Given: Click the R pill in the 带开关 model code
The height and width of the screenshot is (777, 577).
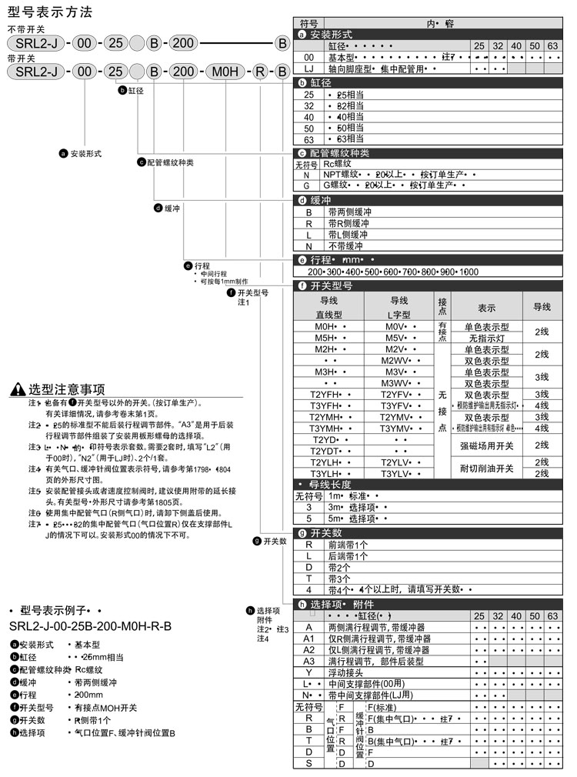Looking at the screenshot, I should point(260,72).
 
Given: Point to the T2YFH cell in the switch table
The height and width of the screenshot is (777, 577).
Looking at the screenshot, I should point(325,395).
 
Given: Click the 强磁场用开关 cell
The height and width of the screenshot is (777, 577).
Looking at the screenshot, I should point(486,445).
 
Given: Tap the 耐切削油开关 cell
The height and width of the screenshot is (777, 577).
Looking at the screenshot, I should point(486,468).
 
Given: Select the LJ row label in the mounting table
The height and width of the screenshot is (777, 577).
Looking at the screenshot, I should point(309,68).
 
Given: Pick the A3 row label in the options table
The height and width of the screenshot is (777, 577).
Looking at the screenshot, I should point(309,661).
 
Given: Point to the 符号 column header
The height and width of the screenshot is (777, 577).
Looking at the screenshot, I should point(309,23).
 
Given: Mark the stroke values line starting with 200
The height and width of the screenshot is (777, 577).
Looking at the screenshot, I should point(392,272).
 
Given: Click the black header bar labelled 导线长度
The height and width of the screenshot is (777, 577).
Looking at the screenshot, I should point(431,484).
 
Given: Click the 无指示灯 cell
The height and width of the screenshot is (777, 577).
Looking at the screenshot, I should point(486,338).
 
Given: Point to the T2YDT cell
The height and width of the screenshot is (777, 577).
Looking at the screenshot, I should point(325,451).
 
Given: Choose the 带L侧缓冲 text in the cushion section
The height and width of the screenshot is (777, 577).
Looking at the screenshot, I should point(348,235).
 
